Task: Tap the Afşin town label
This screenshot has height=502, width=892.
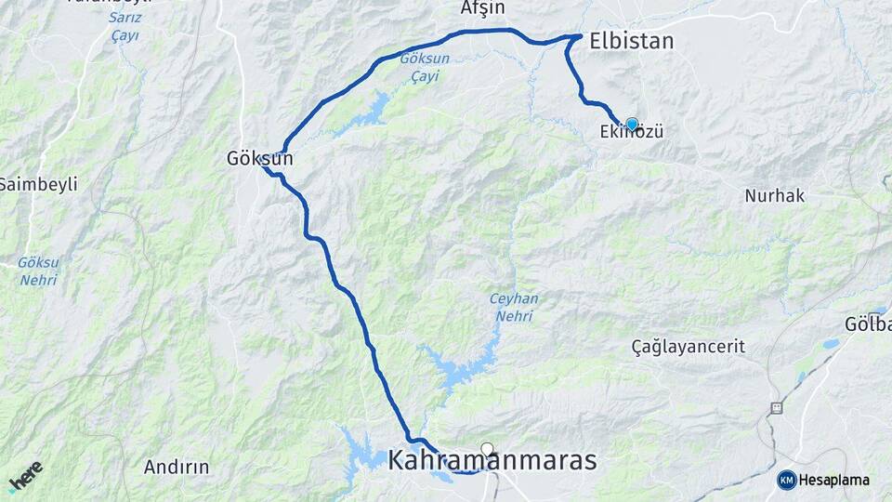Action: [x=483, y=8]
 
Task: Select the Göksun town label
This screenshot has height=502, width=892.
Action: [x=260, y=159]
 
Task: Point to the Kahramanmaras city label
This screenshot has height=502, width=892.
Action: [x=492, y=461]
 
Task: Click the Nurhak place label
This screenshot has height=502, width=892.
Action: [x=774, y=196]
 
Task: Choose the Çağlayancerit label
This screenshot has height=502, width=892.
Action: [x=688, y=347]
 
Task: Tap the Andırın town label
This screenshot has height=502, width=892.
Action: [x=177, y=467]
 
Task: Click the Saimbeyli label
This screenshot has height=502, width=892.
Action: [x=38, y=183]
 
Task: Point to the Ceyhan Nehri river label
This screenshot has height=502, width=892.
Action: [x=513, y=308]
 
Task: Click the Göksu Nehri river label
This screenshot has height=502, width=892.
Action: [x=37, y=271]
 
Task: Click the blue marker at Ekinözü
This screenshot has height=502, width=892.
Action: [x=633, y=124]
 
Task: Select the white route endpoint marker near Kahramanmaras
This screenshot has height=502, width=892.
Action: [x=487, y=449]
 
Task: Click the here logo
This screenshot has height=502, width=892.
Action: [x=26, y=475]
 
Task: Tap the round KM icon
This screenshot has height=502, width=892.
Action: [x=787, y=480]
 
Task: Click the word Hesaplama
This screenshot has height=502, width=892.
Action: [x=834, y=480]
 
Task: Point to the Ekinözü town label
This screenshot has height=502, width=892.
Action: [x=632, y=134]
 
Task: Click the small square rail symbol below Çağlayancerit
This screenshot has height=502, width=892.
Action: [x=776, y=407]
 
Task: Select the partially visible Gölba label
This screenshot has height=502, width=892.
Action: [x=869, y=324]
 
